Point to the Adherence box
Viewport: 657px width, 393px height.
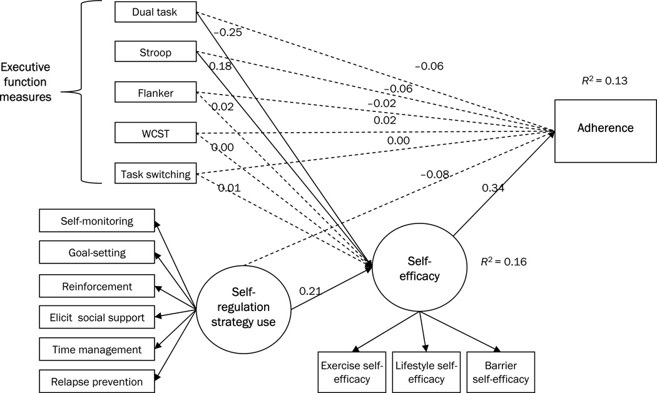pyautogui.click(x=606, y=128)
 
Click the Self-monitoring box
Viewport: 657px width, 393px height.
pyautogui.click(x=96, y=221)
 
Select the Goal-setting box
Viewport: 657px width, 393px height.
pyautogui.click(x=96, y=253)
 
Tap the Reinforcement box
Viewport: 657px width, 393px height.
pyautogui.click(x=96, y=286)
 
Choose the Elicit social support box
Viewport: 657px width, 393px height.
pyautogui.click(x=96, y=318)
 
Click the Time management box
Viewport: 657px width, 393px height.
pyautogui.click(x=96, y=349)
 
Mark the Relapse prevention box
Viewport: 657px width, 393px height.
pyautogui.click(x=96, y=381)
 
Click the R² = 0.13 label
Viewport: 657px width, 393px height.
pyautogui.click(x=604, y=80)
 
